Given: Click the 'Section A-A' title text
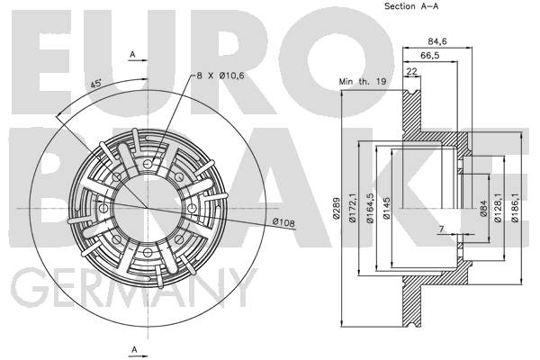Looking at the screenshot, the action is coord(411,6).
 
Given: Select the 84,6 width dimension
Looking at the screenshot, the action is coord(437,41).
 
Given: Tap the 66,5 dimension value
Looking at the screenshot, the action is coord(430,56).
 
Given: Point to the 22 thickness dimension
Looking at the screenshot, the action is coord(412,71).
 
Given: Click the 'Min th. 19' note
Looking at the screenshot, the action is coord(363,82).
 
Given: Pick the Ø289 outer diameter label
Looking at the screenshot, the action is coord(337,208).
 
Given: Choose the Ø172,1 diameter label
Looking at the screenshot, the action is coord(353,208).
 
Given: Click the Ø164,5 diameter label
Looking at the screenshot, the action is coord(370,208).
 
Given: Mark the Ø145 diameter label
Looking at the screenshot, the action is coord(386,208).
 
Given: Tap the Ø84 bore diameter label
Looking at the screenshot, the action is coord(483,208).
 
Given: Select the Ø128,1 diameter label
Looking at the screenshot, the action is coord(498,208).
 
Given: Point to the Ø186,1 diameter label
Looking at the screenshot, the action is coord(515,208).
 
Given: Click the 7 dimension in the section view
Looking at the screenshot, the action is coord(442,229).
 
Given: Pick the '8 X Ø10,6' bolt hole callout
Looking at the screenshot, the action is coord(220,76).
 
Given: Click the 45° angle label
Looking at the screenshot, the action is coord(95,84).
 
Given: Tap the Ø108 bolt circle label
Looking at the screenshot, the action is coord(283,222).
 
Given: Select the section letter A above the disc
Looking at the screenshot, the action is coord(132,54).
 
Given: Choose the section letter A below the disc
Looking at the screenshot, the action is coord(134,349).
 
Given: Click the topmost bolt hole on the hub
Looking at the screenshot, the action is coord(148,164).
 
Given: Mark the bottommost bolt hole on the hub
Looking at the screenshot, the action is coord(148,253).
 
